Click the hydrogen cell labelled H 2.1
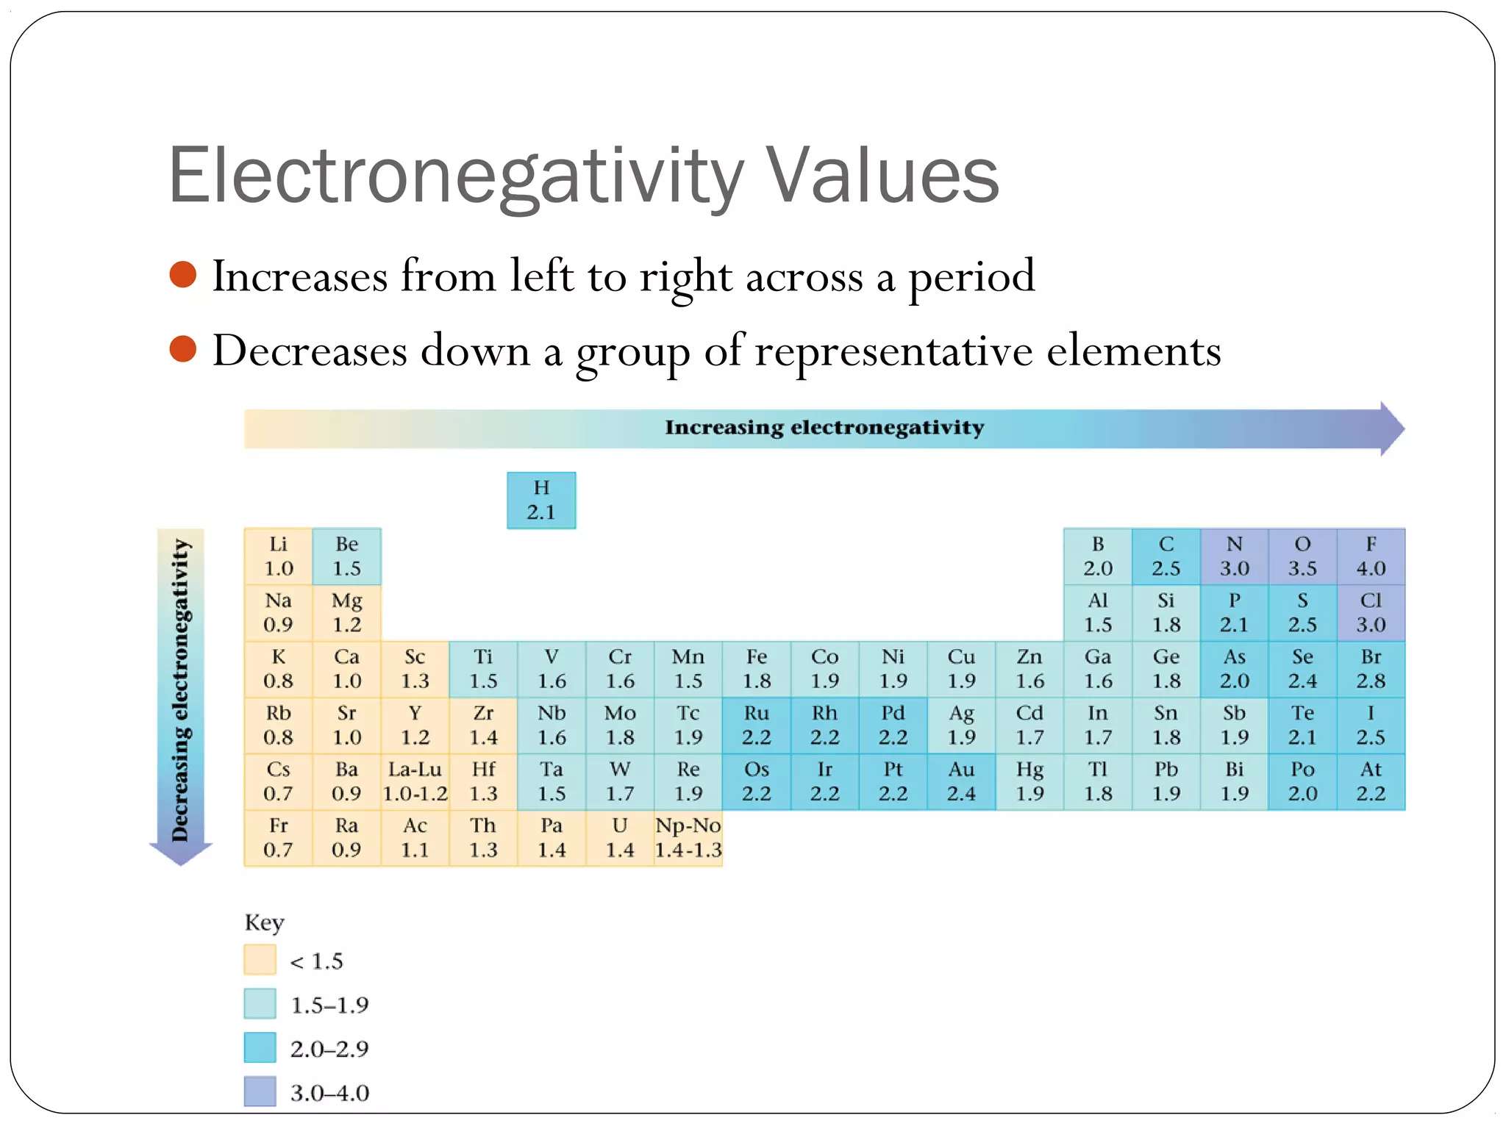click(541, 500)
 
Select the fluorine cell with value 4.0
click(1371, 556)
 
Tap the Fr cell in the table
click(278, 838)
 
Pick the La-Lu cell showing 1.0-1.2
click(415, 781)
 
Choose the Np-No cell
click(688, 838)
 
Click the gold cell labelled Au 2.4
click(961, 781)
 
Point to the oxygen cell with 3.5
click(1302, 556)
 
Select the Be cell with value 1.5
click(346, 556)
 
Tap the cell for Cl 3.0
click(1371, 613)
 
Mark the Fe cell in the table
click(757, 669)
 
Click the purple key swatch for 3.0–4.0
click(260, 1092)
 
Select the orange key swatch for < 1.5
click(260, 960)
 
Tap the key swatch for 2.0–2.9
click(260, 1047)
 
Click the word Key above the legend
click(264, 922)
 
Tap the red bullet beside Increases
click(183, 275)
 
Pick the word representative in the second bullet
click(896, 351)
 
